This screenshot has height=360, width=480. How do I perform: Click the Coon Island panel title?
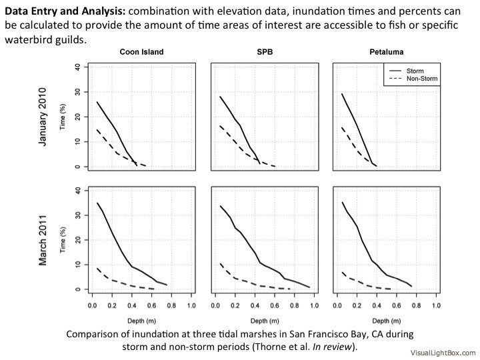click(x=141, y=52)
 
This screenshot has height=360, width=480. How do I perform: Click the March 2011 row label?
click(x=43, y=240)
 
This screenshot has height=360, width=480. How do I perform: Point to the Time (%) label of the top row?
click(x=65, y=117)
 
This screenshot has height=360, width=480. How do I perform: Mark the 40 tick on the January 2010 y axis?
click(x=78, y=67)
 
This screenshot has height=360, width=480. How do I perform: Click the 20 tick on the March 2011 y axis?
click(x=78, y=239)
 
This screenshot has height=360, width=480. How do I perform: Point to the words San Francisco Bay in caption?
click(x=312, y=333)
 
